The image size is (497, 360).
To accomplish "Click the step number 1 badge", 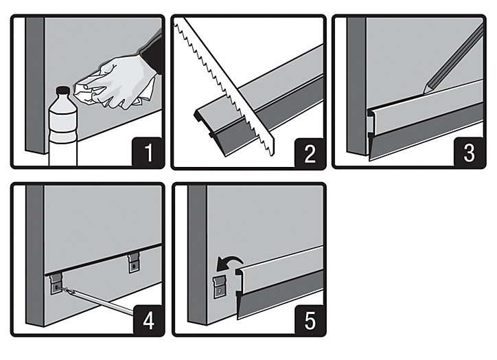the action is (148, 152).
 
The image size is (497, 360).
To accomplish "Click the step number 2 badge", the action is (310, 153).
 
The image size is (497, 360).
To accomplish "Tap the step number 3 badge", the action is (470, 153).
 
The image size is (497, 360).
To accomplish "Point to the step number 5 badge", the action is (310, 320).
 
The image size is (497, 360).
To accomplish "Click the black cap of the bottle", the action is (62, 91).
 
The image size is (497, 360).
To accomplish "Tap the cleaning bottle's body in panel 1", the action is (62, 133).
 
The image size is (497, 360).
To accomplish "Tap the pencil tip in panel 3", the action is (425, 91).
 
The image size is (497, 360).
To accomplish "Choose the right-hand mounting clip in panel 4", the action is (134, 263).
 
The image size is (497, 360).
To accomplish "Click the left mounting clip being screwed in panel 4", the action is (56, 284).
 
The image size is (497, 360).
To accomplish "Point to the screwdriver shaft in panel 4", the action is (98, 301).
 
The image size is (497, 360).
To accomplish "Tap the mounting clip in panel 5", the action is (220, 287).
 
